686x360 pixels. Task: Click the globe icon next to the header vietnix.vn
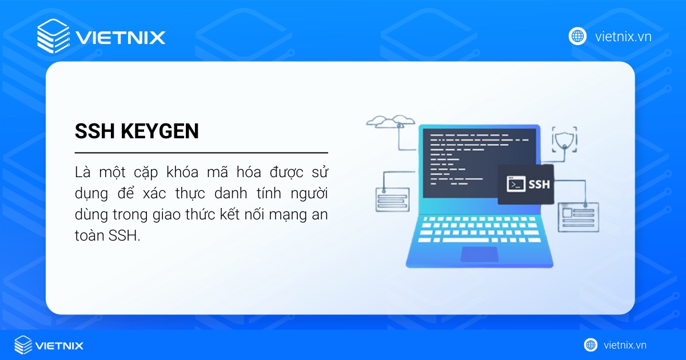click(x=577, y=36)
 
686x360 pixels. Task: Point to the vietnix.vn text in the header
click(x=623, y=37)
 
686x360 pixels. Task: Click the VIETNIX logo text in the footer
click(x=59, y=345)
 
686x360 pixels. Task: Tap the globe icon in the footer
click(x=591, y=345)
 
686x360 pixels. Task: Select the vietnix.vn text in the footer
click(x=625, y=345)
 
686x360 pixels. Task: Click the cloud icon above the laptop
click(x=390, y=121)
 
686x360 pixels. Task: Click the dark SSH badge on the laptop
click(x=525, y=184)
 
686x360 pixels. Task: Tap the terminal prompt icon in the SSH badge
click(x=516, y=185)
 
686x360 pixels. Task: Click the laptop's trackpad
click(x=479, y=254)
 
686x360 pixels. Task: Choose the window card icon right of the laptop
click(x=578, y=216)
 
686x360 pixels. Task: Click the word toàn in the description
click(x=89, y=236)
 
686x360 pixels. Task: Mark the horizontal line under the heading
click(x=201, y=153)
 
